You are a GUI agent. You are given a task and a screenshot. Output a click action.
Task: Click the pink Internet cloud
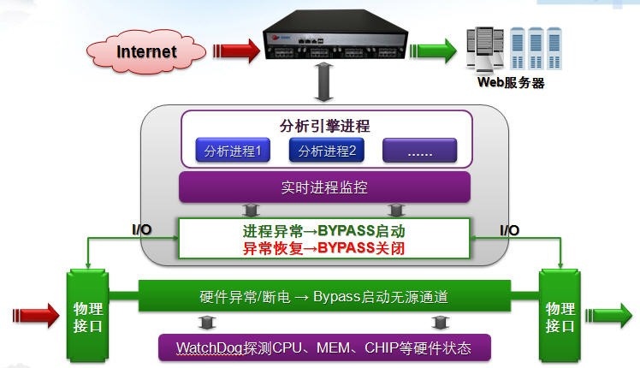[x=146, y=51]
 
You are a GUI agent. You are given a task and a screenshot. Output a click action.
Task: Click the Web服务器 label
[x=511, y=83]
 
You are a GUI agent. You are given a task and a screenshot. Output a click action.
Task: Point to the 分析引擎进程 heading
[x=325, y=126]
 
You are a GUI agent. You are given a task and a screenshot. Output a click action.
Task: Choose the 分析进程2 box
[x=327, y=151]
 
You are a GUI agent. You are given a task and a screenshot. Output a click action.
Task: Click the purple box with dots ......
[x=419, y=151]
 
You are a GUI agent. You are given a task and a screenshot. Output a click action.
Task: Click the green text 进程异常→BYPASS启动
[x=324, y=232]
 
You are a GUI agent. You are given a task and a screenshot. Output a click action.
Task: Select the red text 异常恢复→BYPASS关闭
[x=324, y=249]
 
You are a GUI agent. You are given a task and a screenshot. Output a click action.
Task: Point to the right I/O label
[x=508, y=230]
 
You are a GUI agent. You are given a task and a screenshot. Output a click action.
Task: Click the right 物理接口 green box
[x=561, y=316]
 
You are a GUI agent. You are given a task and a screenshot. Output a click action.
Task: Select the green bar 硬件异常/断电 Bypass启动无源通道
[x=324, y=299]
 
